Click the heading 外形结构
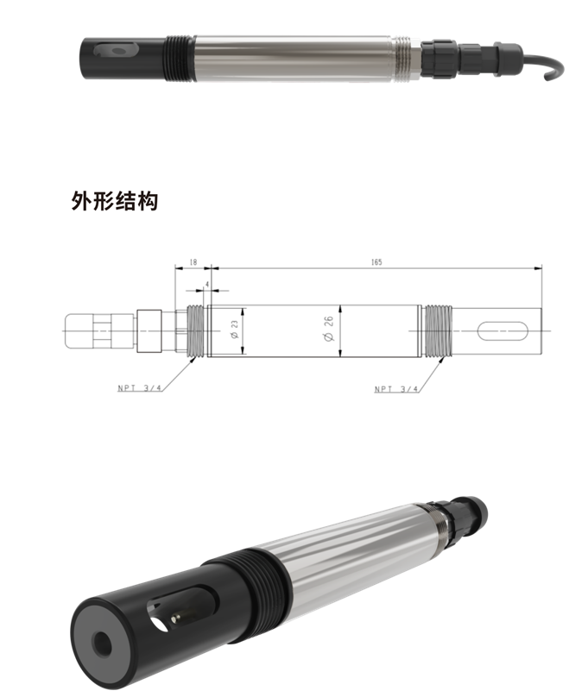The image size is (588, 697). pos(115,203)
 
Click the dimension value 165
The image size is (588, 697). pos(376,261)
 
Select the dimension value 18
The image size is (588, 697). pos(193,261)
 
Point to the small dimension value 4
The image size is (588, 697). pos(207,283)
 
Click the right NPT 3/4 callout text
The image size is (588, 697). pos(395,389)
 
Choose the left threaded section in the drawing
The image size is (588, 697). pos(195,330)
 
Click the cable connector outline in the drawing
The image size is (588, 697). pos(95,330)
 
